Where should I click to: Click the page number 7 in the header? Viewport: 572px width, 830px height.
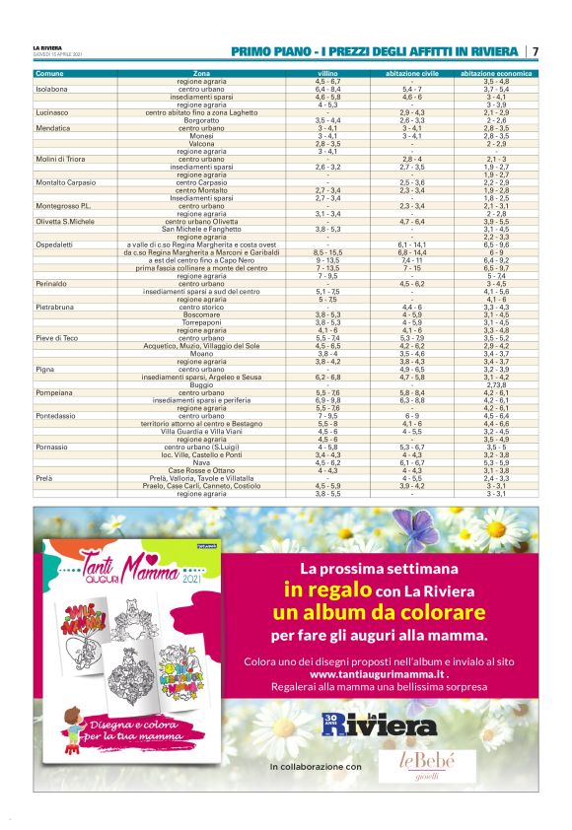pyautogui.click(x=535, y=51)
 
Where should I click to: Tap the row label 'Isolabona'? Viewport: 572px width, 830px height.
pyautogui.click(x=52, y=89)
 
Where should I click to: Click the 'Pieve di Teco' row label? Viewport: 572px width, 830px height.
pyautogui.click(x=57, y=338)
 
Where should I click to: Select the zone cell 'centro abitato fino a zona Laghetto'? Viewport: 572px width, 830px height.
pyautogui.click(x=201, y=113)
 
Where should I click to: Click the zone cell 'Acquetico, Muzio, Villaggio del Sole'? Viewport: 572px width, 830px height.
pyautogui.click(x=201, y=346)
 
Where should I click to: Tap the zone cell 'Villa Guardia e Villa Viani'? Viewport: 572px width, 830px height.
pyautogui.click(x=201, y=431)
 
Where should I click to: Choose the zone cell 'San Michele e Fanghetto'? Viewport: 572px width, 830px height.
pyautogui.click(x=201, y=230)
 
